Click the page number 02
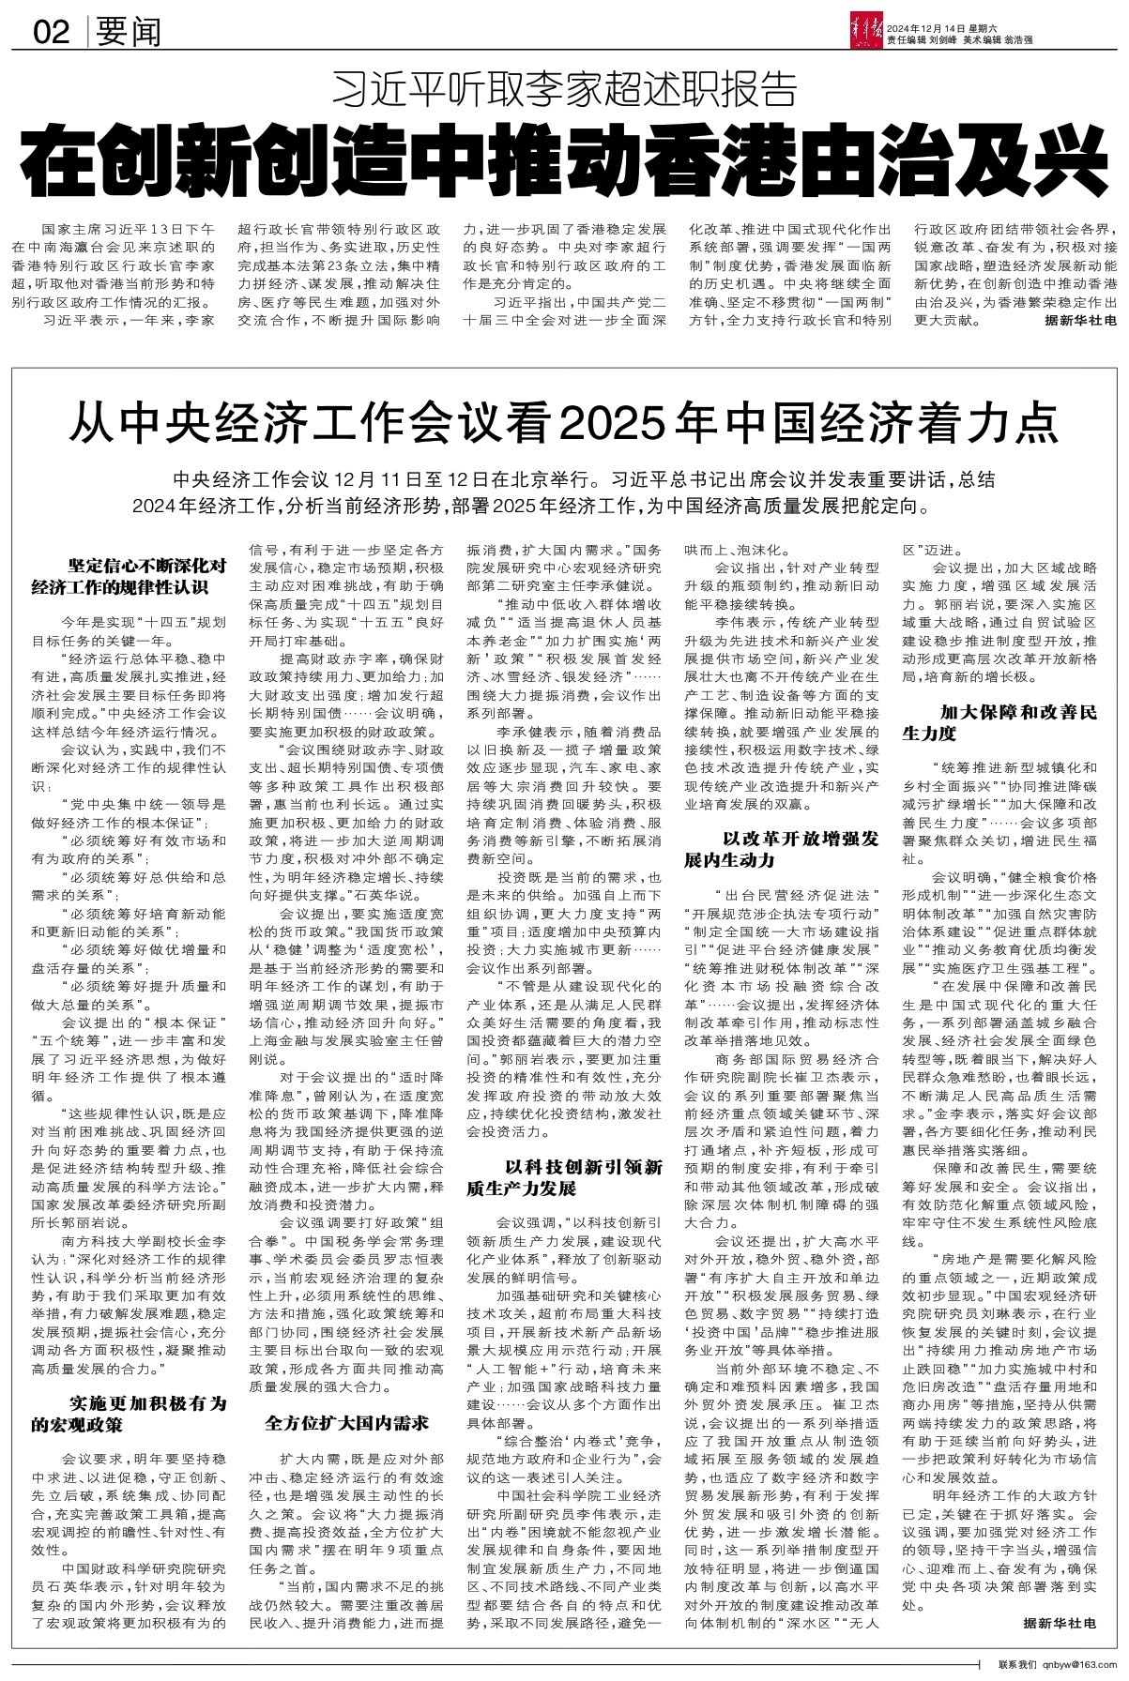click(52, 34)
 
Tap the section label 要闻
click(129, 34)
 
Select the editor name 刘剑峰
click(953, 38)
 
